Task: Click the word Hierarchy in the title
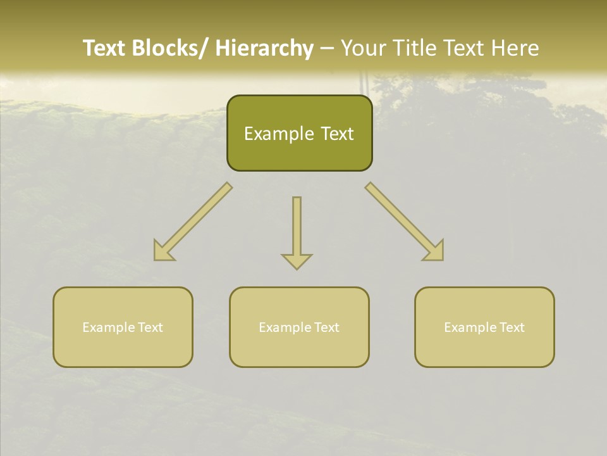click(x=264, y=48)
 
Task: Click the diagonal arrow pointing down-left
click(x=193, y=222)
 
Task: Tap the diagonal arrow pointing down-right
click(x=405, y=222)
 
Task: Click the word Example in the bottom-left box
click(x=109, y=327)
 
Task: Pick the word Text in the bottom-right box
click(x=512, y=327)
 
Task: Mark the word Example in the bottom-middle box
click(x=285, y=327)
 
